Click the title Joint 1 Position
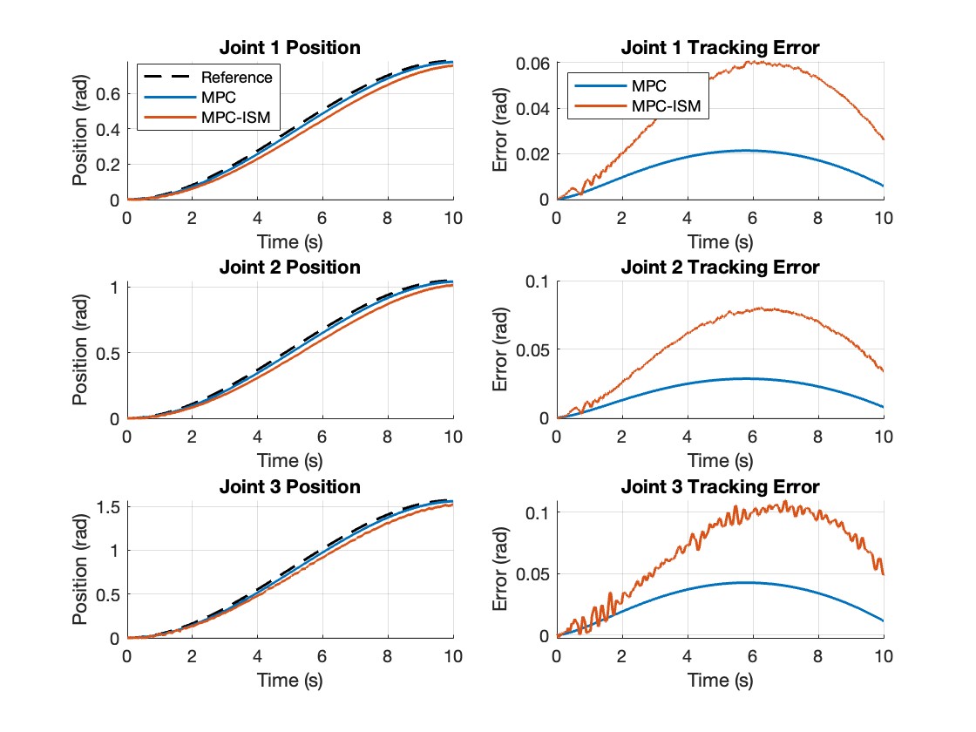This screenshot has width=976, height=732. coord(290,47)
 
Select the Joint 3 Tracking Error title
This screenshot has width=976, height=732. coord(720,486)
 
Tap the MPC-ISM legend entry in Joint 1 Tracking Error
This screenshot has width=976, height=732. coord(666,106)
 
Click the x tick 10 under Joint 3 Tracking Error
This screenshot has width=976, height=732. coord(883,656)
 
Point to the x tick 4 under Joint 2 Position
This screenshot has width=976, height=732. coord(258,437)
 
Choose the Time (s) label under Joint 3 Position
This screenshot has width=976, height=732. coord(290,679)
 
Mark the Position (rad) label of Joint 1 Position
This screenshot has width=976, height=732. coord(80,131)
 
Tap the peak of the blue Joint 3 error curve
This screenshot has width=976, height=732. coord(748,582)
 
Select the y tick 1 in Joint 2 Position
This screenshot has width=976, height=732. coord(115,287)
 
